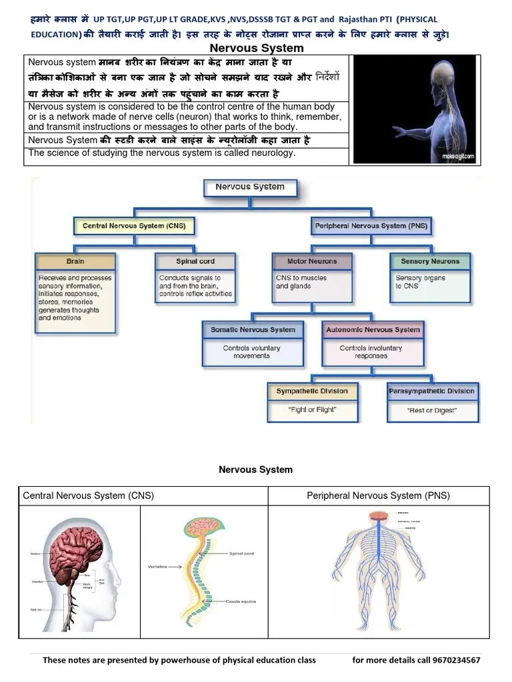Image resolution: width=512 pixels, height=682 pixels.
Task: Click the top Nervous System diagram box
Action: pyautogui.click(x=250, y=187)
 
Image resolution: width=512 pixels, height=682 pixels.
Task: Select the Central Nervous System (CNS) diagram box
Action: pyautogui.click(x=133, y=226)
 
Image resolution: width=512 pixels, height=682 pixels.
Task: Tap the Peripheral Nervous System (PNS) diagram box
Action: pyautogui.click(x=371, y=226)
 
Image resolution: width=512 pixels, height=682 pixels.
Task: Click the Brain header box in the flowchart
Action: pyautogui.click(x=75, y=262)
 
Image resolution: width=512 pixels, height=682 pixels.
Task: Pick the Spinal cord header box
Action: pyautogui.click(x=195, y=262)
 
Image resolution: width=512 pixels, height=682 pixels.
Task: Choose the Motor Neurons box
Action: pyautogui.click(x=312, y=262)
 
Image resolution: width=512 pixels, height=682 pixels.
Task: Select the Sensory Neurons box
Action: pyautogui.click(x=430, y=262)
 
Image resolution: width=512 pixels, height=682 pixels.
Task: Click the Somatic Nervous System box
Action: pyautogui.click(x=253, y=330)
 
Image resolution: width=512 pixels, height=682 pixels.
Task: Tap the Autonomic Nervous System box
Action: pyautogui.click(x=373, y=330)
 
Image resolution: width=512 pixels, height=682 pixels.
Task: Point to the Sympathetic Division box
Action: pyautogui.click(x=312, y=392)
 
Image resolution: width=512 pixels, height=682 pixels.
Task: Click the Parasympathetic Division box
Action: pyautogui.click(x=432, y=392)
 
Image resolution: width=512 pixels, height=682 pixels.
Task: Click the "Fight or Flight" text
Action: pyautogui.click(x=312, y=410)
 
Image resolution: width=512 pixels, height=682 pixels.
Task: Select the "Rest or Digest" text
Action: pyautogui.click(x=432, y=411)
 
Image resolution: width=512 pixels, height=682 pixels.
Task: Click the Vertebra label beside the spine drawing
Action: pyautogui.click(x=158, y=567)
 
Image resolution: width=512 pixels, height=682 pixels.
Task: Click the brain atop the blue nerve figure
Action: pyautogui.click(x=378, y=515)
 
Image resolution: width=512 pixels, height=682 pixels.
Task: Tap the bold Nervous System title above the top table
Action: pyautogui.click(x=257, y=48)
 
